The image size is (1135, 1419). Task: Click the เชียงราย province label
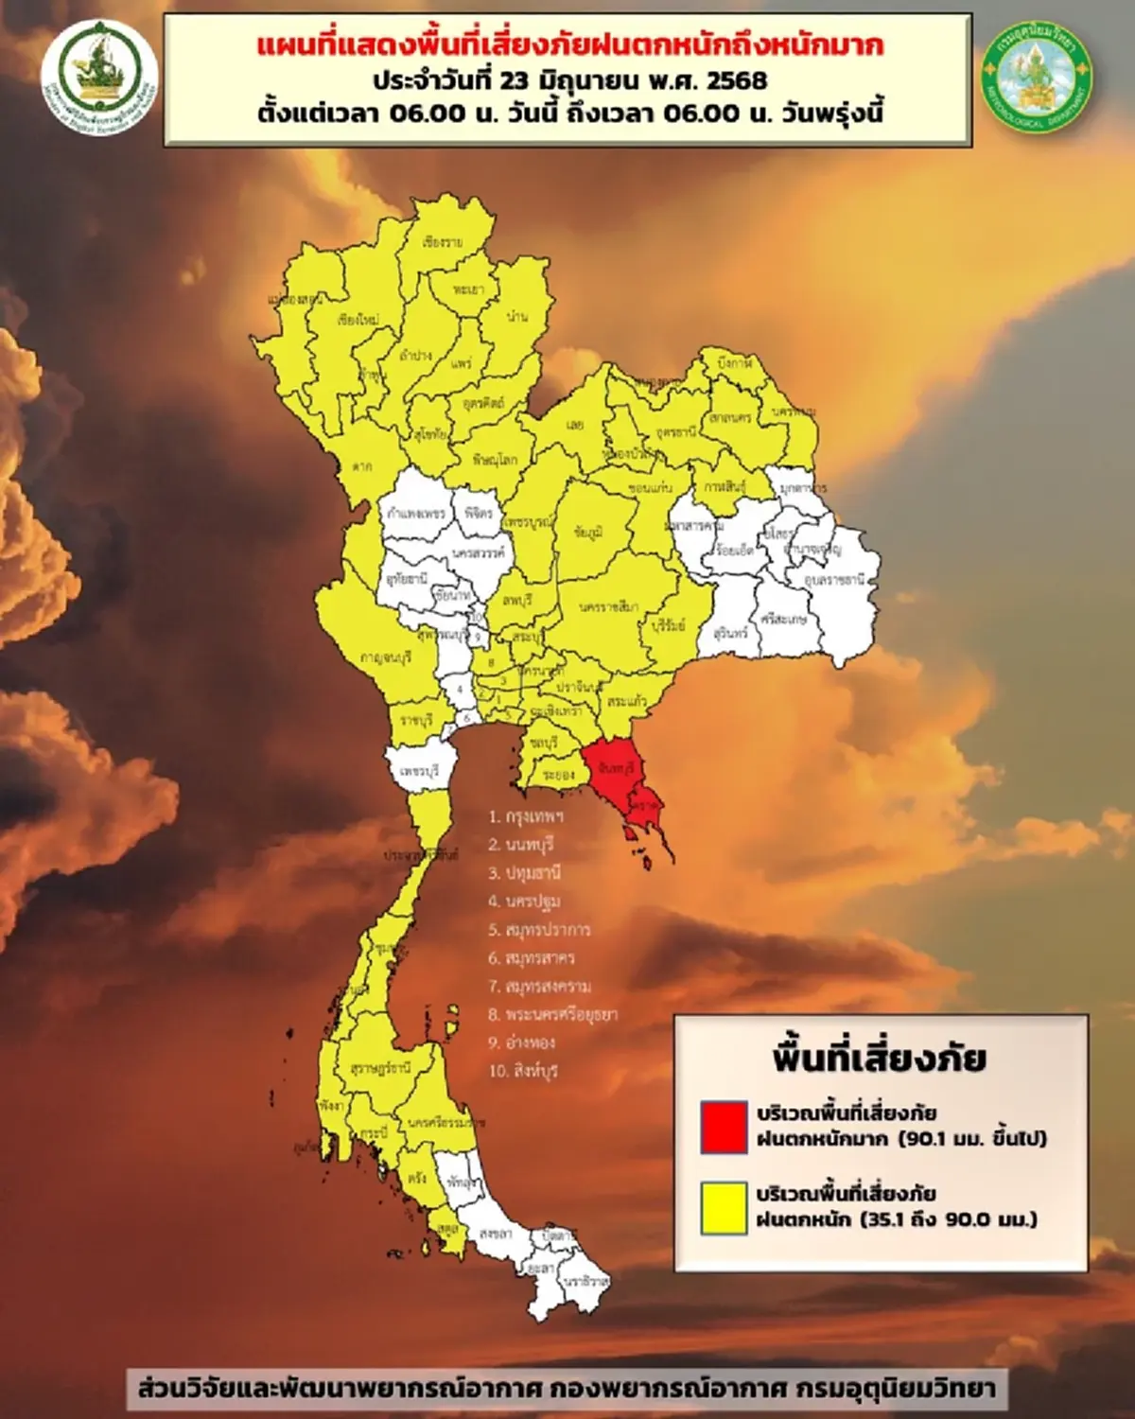(x=443, y=243)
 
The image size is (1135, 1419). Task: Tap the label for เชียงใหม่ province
(x=358, y=321)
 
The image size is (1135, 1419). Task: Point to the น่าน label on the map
(x=517, y=316)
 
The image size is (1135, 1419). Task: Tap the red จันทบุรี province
(x=616, y=769)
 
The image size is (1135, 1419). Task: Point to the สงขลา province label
(x=496, y=1234)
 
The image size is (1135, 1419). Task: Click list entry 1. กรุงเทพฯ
(x=526, y=815)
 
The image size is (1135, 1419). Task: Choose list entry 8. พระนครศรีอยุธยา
(x=552, y=1014)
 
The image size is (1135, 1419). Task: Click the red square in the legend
(x=725, y=1126)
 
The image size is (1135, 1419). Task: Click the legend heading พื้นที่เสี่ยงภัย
(x=879, y=1058)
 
